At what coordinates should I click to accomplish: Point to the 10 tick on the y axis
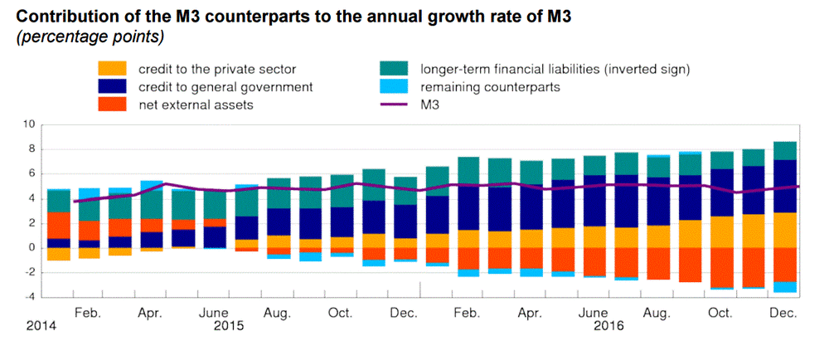point(27,124)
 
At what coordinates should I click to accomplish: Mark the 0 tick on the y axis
point(30,248)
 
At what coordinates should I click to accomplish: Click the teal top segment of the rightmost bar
point(784,151)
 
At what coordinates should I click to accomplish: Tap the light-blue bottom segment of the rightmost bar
point(784,287)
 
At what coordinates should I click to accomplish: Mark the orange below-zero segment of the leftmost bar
point(58,254)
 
